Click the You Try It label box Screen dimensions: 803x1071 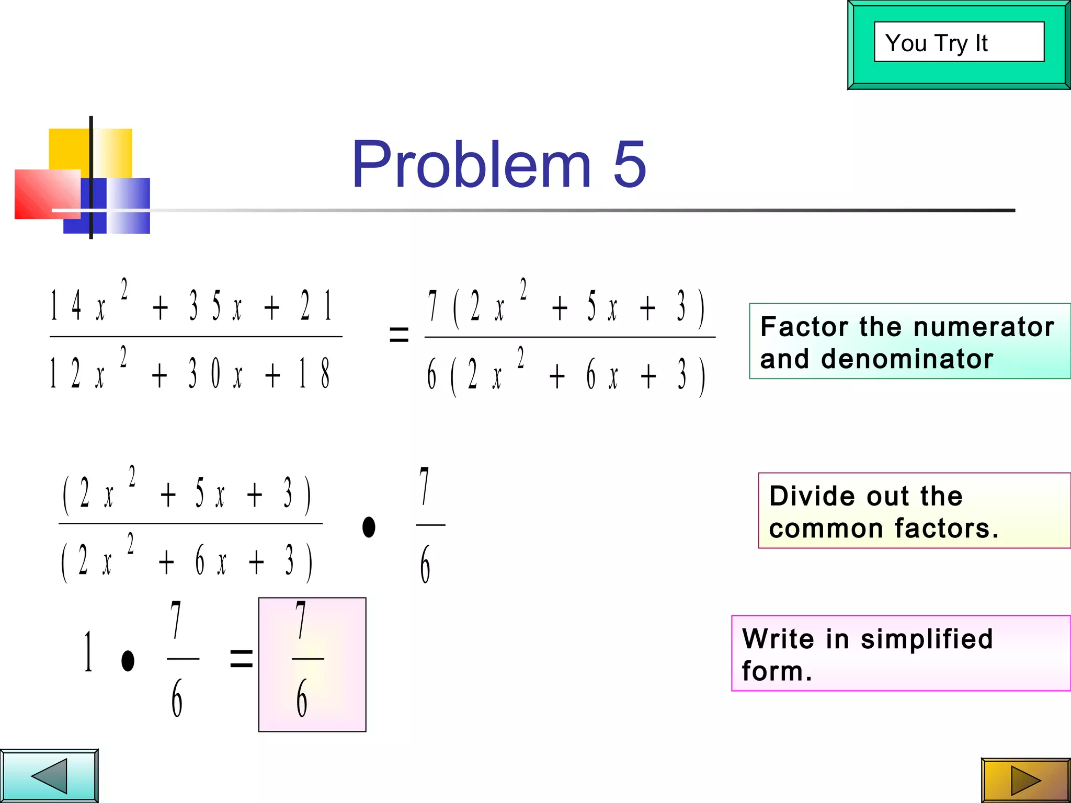(959, 42)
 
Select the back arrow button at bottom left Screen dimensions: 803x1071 (49, 776)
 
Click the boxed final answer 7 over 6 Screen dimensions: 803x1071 (312, 664)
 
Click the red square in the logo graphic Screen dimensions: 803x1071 (47, 194)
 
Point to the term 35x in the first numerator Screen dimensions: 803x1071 (215, 306)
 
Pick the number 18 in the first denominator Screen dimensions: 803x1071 (314, 373)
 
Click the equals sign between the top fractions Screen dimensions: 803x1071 (399, 335)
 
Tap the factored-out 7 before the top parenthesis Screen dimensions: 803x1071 (432, 306)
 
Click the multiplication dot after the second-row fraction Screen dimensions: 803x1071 (369, 527)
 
